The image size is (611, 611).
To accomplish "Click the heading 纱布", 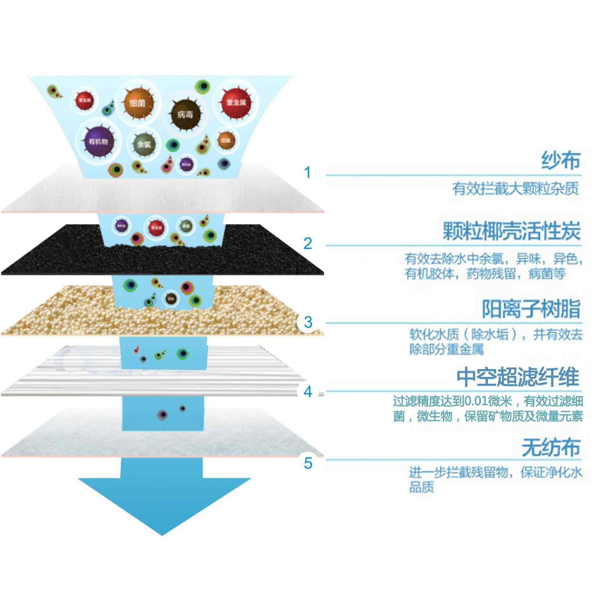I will pyautogui.click(x=561, y=161).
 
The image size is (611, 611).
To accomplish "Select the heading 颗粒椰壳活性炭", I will pyautogui.click(x=512, y=231).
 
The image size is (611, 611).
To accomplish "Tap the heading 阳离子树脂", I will pyautogui.click(x=531, y=309).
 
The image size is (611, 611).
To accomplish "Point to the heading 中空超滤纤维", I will pyautogui.click(x=517, y=377).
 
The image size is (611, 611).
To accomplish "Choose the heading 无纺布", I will pyautogui.click(x=551, y=447).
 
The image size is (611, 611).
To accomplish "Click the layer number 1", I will pyautogui.click(x=307, y=172).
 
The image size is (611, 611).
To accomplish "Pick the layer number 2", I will pyautogui.click(x=308, y=244).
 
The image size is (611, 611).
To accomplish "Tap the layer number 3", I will pyautogui.click(x=308, y=322).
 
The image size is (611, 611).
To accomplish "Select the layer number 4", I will pyautogui.click(x=308, y=392).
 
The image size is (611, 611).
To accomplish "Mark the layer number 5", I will pyautogui.click(x=308, y=463).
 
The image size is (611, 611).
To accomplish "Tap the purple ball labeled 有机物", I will pyautogui.click(x=98, y=141).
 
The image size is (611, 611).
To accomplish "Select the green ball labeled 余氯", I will pyautogui.click(x=144, y=144).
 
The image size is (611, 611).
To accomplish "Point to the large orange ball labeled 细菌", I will pyautogui.click(x=138, y=103).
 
